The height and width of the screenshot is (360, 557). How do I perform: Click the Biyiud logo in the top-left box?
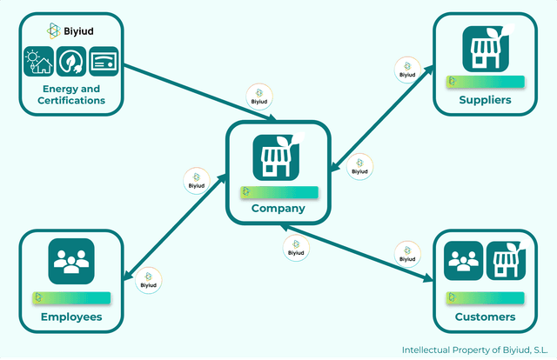70,31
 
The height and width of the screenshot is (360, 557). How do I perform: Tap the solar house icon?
38,63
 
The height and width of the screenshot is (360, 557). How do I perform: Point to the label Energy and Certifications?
71,95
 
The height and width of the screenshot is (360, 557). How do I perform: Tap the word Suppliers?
485,100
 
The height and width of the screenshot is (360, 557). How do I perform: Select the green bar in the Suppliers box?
485,82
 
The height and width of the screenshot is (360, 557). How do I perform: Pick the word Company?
278,208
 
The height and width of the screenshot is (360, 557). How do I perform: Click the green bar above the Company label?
278,191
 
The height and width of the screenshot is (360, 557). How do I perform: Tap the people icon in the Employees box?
70,261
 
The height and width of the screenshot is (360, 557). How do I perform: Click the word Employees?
71,317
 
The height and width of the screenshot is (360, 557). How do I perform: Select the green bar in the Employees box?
71,297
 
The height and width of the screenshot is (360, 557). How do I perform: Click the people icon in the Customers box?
463,261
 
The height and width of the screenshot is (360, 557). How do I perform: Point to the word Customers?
485,317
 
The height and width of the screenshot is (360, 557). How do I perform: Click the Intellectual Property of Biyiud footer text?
474,350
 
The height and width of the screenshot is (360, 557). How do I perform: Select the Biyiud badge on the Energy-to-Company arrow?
258,97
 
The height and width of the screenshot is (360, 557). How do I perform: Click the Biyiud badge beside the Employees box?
149,280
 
